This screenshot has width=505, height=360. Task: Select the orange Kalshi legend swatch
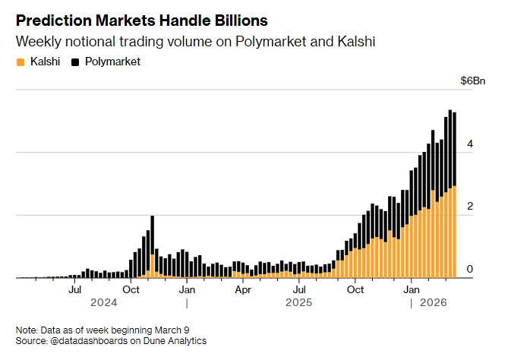(21, 61)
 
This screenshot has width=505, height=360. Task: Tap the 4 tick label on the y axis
(470, 144)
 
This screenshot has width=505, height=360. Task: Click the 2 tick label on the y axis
(470, 207)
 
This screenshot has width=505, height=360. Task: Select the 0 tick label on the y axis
(470, 269)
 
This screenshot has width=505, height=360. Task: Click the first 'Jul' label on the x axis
(75, 289)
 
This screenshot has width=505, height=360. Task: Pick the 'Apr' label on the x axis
(243, 289)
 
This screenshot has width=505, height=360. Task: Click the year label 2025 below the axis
(299, 303)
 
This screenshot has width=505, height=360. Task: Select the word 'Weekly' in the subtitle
(36, 40)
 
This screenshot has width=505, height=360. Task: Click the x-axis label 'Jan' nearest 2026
(412, 289)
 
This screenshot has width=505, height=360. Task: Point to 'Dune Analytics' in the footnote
(176, 341)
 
